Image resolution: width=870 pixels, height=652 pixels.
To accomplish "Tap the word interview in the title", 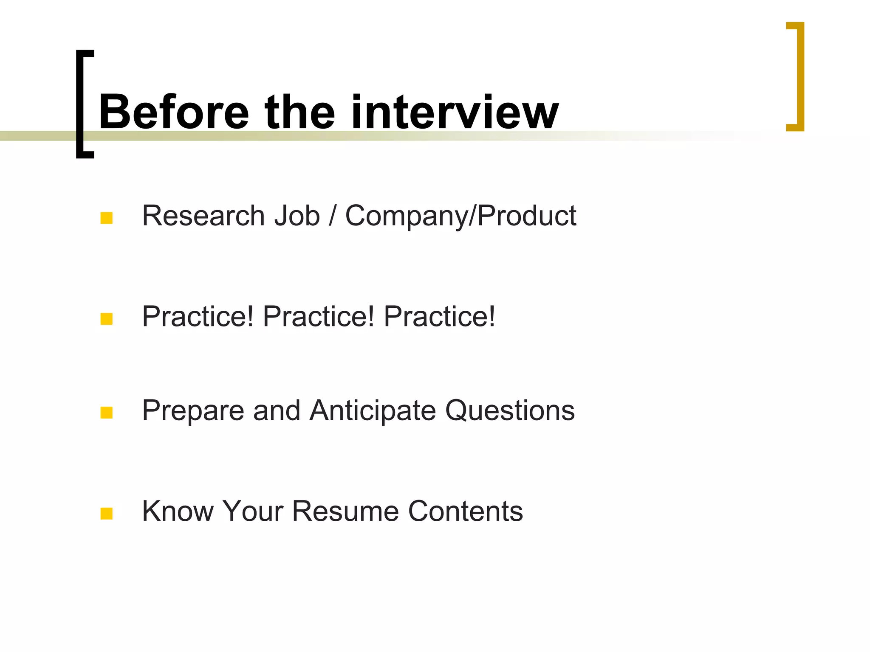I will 455,112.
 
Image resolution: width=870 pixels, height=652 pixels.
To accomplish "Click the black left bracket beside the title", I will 81,104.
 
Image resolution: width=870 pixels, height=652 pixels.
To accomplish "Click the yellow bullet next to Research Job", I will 106,218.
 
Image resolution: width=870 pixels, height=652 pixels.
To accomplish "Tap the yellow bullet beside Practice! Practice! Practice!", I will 106,319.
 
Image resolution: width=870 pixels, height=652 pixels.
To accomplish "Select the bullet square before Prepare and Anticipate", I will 106,413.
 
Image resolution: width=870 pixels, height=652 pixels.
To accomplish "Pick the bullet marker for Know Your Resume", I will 106,514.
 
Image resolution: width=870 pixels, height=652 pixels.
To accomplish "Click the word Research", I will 203,216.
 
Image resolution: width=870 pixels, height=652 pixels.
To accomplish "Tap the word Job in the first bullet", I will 297,216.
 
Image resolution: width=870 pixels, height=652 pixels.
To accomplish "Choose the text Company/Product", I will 460,216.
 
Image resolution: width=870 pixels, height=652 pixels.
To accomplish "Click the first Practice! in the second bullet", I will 198,317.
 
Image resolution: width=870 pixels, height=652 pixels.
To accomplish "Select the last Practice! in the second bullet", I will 439,317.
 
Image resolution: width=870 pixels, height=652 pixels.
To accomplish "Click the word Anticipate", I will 373,411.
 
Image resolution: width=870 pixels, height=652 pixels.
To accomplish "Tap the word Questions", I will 510,411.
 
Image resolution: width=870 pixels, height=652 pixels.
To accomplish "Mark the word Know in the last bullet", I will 178,511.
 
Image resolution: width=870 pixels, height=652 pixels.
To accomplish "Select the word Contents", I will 466,511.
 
